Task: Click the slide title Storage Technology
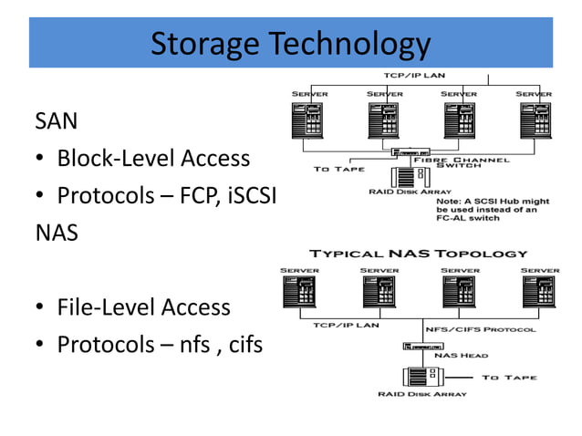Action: pyautogui.click(x=290, y=43)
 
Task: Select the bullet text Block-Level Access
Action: pyautogui.click(x=153, y=158)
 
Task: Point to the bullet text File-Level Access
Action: pyautogui.click(x=143, y=307)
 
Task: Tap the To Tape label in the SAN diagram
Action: pyautogui.click(x=339, y=169)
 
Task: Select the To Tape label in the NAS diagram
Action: pyautogui.click(x=510, y=376)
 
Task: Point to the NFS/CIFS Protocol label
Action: pyautogui.click(x=481, y=329)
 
